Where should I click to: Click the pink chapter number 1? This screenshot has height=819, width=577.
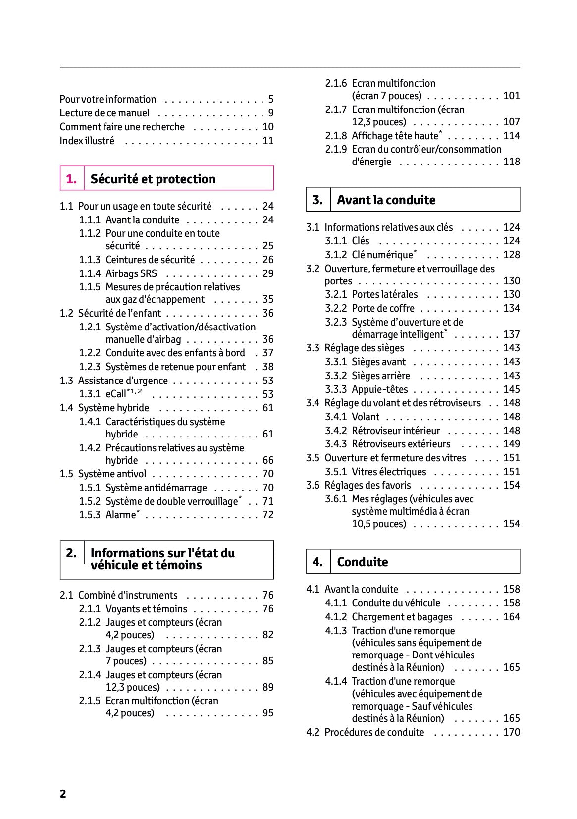[71, 179]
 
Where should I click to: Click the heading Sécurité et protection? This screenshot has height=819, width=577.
[153, 179]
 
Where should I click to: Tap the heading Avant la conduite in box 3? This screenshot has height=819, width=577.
[386, 200]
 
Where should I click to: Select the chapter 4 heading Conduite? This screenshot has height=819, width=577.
[362, 562]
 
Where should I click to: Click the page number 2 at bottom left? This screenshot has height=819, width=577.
[63, 794]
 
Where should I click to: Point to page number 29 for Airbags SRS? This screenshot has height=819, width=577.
[268, 273]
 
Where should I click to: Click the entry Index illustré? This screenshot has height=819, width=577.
[87, 141]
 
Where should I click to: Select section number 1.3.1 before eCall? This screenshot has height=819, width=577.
[90, 394]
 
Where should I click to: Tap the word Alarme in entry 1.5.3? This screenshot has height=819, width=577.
[120, 515]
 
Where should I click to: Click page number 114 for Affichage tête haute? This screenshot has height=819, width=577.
[511, 136]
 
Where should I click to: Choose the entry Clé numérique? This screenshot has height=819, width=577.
[382, 255]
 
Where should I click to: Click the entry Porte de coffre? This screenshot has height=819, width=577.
[382, 308]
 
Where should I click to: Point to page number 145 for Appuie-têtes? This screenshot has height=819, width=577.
[511, 389]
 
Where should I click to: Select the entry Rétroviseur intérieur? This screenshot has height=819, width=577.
[395, 431]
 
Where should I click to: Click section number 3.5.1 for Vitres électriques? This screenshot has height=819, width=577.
[336, 472]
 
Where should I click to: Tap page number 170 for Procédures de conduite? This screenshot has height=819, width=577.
[511, 733]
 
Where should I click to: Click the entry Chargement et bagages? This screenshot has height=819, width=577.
[402, 617]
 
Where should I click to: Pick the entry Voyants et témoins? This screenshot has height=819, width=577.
[146, 609]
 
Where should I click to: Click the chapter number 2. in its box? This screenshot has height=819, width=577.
[71, 553]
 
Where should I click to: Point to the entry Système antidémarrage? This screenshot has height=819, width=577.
[156, 488]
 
